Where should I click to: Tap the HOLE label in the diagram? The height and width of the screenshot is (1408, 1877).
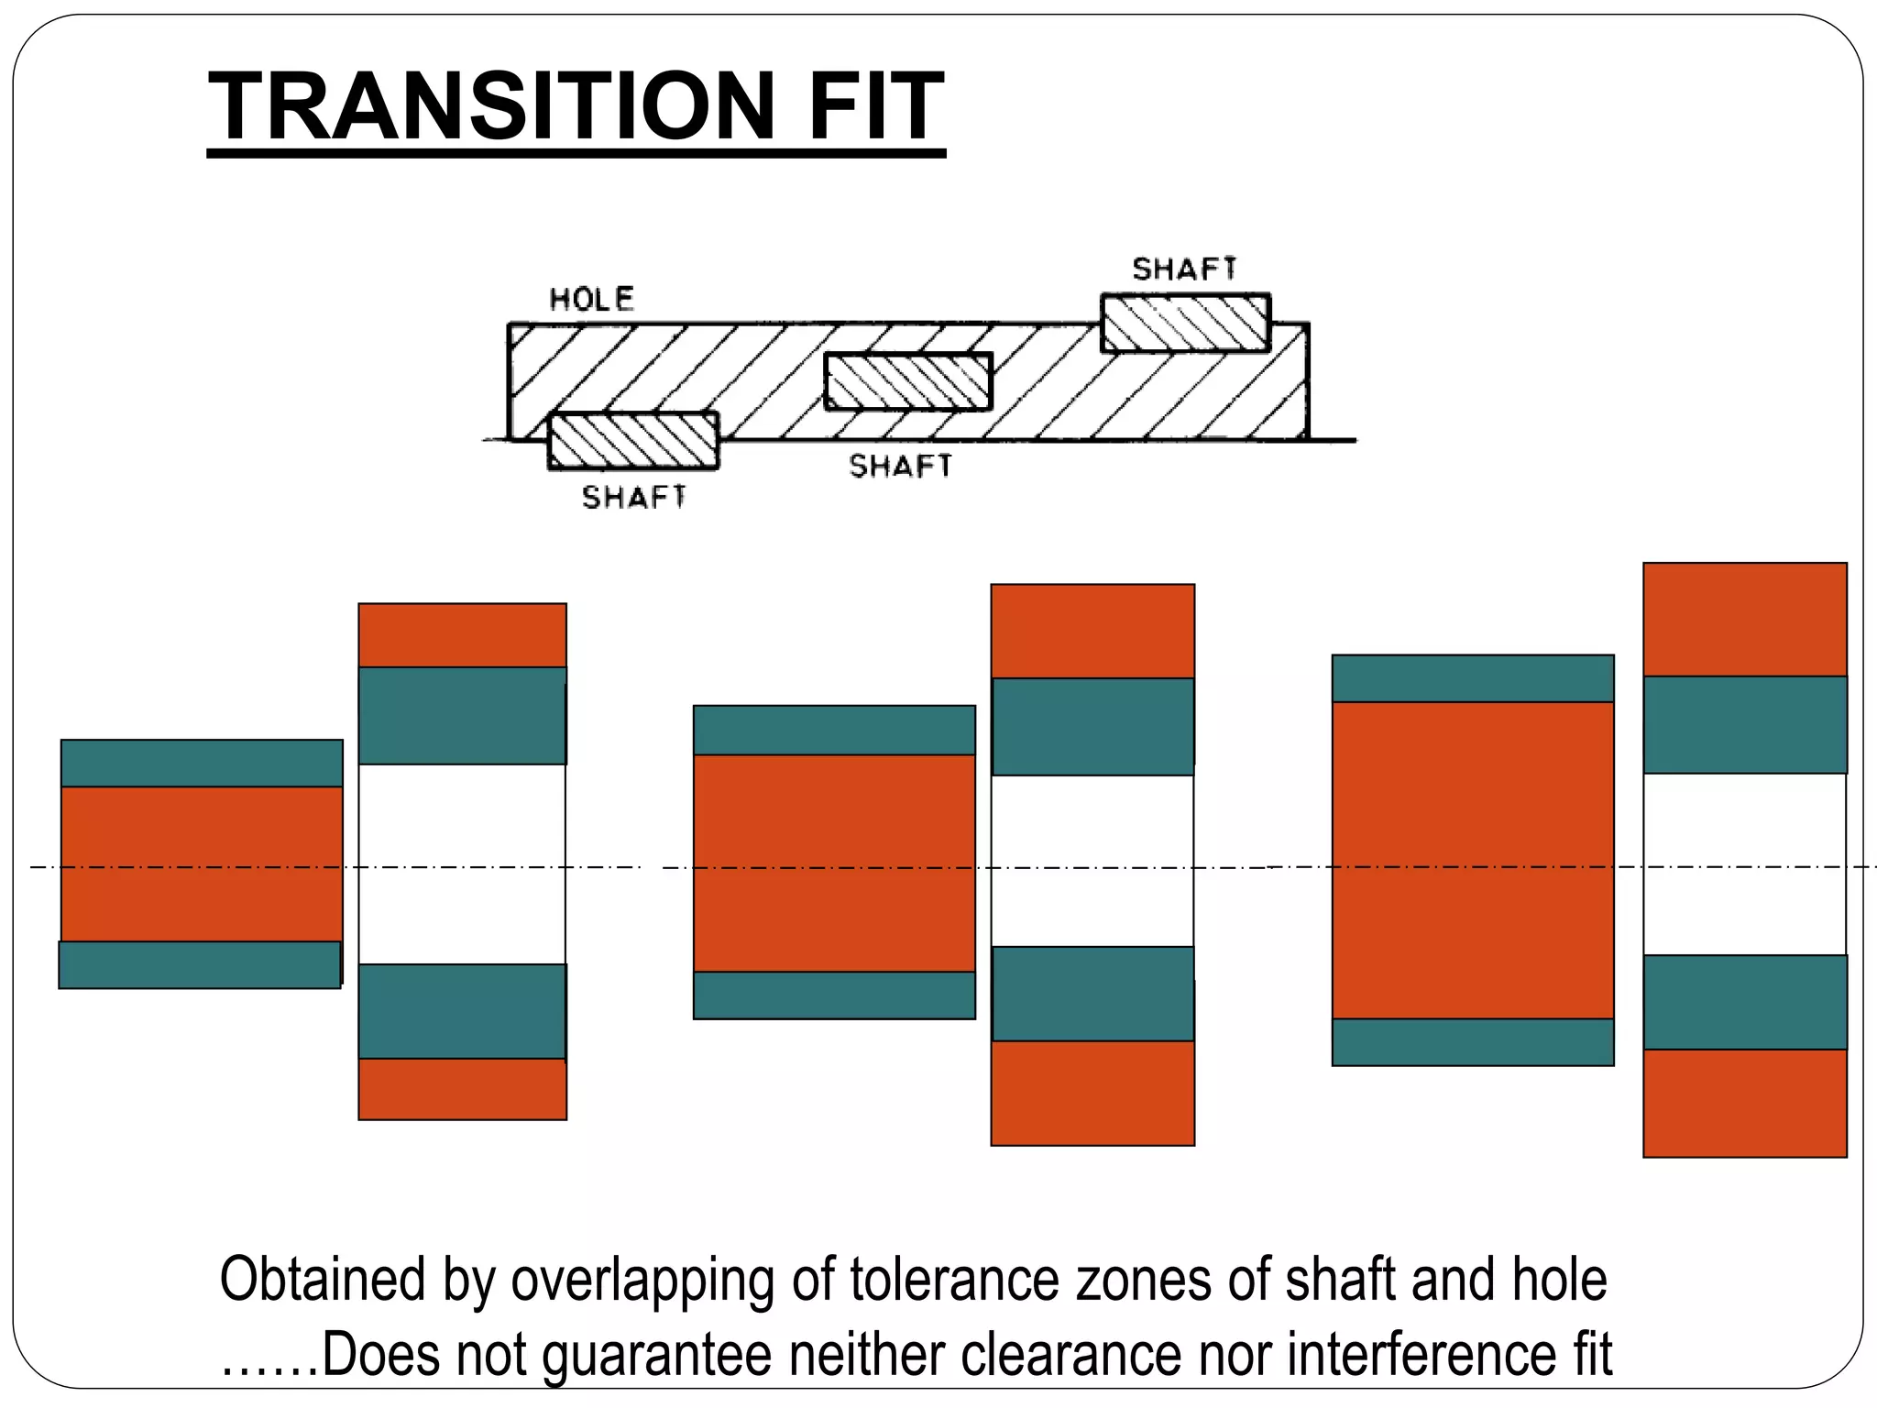(591, 299)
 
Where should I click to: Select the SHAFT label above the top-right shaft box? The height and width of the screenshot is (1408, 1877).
(1184, 269)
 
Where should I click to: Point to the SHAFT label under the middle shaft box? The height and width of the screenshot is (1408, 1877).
(900, 466)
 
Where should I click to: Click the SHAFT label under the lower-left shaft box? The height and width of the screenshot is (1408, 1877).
(633, 497)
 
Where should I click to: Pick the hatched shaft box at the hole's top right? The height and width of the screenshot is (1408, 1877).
(1185, 323)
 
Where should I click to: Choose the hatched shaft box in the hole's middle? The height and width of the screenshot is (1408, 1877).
(908, 381)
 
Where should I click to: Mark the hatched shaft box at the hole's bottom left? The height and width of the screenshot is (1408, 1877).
(632, 441)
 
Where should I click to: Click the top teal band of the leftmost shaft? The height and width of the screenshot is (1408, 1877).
(202, 763)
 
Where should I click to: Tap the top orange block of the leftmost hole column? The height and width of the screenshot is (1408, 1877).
(462, 634)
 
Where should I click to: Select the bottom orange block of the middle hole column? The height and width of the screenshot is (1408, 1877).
(1092, 1093)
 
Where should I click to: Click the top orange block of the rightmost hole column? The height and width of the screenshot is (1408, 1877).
(1744, 620)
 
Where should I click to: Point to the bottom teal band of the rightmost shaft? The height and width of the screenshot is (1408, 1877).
(1472, 1041)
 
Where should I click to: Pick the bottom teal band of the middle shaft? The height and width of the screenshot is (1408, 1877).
(834, 995)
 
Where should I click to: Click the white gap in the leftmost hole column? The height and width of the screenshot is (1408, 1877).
(462, 863)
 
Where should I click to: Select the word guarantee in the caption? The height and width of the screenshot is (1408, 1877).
(657, 1355)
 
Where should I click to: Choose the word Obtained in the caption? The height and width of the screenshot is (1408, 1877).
(323, 1280)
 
